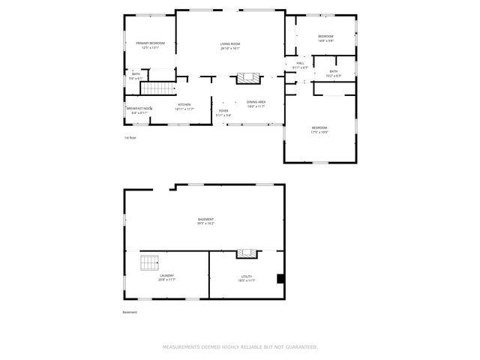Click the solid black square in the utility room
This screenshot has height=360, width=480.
pyautogui.click(x=280, y=279)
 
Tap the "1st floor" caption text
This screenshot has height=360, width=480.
pyautogui.click(x=130, y=137)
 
